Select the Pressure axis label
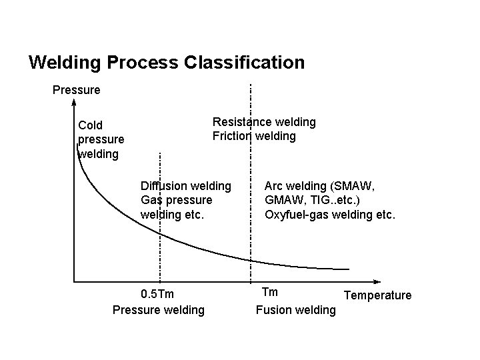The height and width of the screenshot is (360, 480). (x=76, y=89)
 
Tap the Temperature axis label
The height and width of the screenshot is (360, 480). (x=377, y=295)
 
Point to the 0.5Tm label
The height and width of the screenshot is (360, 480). (x=159, y=293)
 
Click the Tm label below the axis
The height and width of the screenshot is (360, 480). (x=270, y=292)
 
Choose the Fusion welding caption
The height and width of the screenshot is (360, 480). (x=296, y=310)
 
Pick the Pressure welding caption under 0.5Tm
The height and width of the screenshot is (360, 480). (x=159, y=310)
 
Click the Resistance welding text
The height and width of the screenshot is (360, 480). (x=264, y=122)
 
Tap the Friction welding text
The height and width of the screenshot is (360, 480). (x=254, y=136)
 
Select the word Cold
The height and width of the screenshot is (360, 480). (x=91, y=125)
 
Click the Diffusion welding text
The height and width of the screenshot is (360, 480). (x=186, y=185)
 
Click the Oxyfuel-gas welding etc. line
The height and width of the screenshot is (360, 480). (x=330, y=215)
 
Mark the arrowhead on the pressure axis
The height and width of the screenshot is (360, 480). (x=74, y=104)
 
